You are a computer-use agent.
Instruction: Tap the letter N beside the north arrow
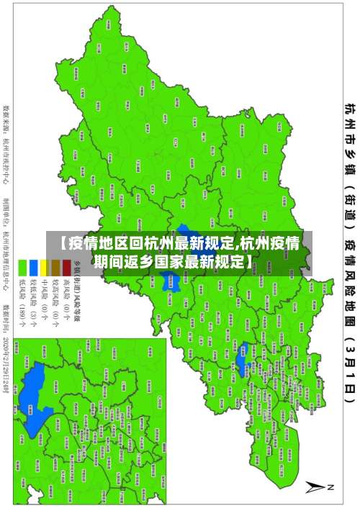[332, 486]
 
